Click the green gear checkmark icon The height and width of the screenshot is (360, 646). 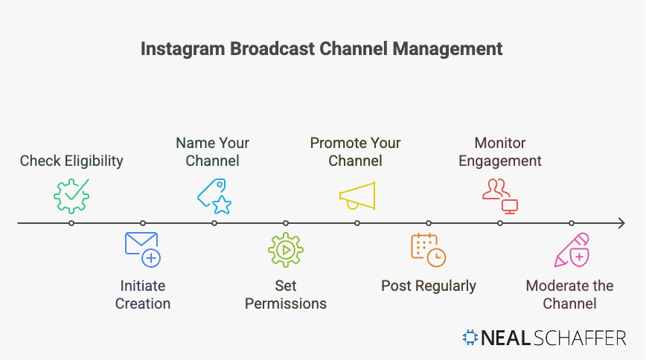(71, 196)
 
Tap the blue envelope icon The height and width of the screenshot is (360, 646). (142, 249)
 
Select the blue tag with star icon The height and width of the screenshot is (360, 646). (214, 196)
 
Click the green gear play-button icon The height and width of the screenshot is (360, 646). (286, 250)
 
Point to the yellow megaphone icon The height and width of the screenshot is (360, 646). (357, 195)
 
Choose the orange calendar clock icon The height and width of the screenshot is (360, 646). (428, 249)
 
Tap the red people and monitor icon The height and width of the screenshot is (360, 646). (499, 195)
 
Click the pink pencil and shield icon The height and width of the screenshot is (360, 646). (572, 250)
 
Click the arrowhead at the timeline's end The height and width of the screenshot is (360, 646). (619, 223)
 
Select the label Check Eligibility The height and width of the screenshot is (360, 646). (71, 161)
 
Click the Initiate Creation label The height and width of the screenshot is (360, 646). (143, 295)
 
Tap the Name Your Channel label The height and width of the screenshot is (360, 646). (213, 152)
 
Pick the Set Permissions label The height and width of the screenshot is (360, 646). (286, 295)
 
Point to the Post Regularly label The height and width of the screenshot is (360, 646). (429, 286)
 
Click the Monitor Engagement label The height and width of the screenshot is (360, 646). (500, 152)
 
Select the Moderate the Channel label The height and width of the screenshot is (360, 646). (570, 295)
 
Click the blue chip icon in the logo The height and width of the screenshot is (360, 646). (470, 338)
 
